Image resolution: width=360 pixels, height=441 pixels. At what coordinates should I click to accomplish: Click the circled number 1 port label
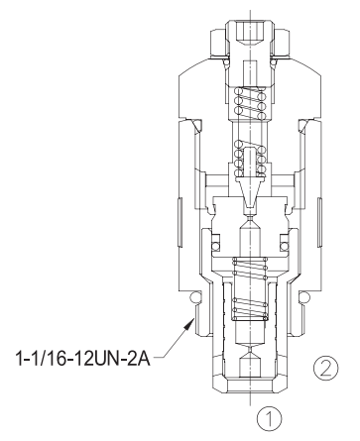(x=270, y=418)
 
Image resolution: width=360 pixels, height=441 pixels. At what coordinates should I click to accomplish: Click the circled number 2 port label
(x=325, y=368)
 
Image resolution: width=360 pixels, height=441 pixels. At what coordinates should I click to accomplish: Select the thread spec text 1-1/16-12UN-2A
(x=82, y=359)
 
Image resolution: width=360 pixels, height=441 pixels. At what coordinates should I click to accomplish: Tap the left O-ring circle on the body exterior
(x=195, y=297)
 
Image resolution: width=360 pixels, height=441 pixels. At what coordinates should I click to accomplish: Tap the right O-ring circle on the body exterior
(x=304, y=297)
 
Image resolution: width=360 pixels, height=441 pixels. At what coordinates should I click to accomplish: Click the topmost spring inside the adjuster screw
(x=250, y=103)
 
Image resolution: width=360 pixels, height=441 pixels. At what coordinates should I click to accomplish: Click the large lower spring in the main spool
(x=250, y=289)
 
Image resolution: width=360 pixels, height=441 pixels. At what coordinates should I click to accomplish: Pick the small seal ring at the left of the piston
(x=215, y=246)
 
